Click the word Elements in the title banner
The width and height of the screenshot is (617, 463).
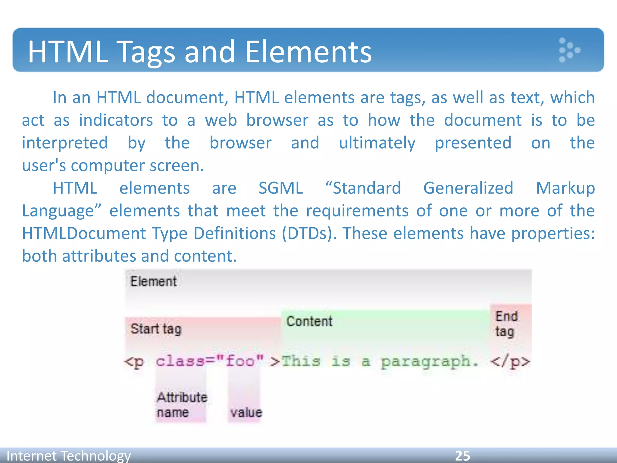[308, 52]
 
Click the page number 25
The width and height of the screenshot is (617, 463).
[462, 455]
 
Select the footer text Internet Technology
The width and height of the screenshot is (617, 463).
[68, 456]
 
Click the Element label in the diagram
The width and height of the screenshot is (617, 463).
[153, 282]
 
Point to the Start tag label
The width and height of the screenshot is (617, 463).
[156, 329]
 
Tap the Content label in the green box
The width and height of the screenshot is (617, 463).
[309, 321]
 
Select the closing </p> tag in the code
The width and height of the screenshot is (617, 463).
[510, 361]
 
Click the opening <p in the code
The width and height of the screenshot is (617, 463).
[134, 361]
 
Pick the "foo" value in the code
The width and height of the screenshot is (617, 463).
[240, 361]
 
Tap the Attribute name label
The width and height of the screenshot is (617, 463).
[182, 405]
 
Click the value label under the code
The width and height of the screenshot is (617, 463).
[246, 412]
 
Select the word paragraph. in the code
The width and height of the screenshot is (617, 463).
[429, 361]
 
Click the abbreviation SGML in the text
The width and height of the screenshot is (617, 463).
[280, 188]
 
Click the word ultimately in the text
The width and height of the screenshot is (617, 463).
[377, 143]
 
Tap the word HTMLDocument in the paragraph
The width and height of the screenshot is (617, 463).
[84, 233]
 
